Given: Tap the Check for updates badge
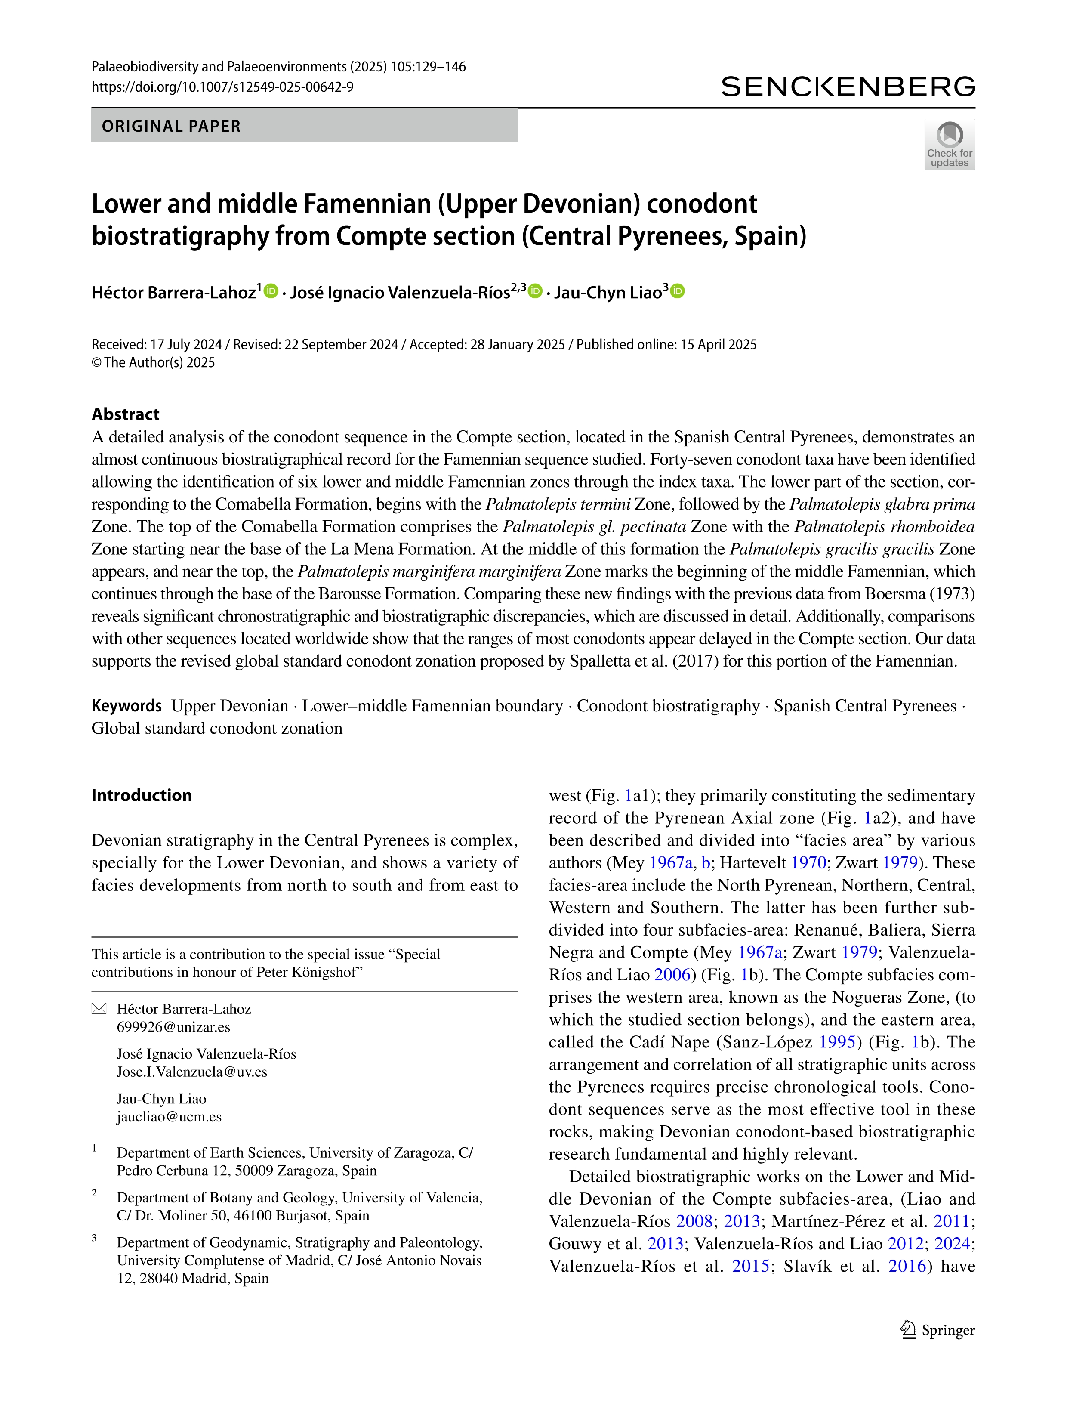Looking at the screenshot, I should pos(949,144).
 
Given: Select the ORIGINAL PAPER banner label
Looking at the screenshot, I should pos(171,126).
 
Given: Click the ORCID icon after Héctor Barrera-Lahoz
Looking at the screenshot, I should pos(271,292).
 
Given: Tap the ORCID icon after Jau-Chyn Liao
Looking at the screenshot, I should pos(677,292).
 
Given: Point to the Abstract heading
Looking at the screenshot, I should pos(126,414).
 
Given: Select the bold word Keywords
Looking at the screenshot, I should pos(126,706).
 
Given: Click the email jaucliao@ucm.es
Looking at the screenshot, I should pos(169,1117).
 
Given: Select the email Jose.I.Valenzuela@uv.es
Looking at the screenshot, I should pos(191,1072).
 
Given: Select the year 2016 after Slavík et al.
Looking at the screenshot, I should pos(907,1266).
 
